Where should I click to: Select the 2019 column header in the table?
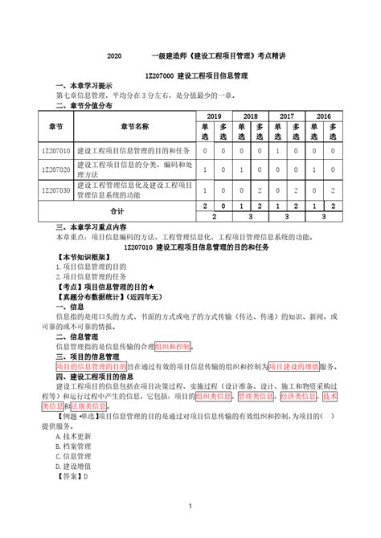tap(213, 116)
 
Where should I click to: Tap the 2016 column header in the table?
tap(323, 116)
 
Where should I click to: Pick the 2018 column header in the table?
tap(249, 116)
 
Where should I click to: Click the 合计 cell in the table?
tap(117, 211)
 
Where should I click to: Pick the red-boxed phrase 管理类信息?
tap(257, 396)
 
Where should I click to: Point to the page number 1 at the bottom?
tap(190, 505)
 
